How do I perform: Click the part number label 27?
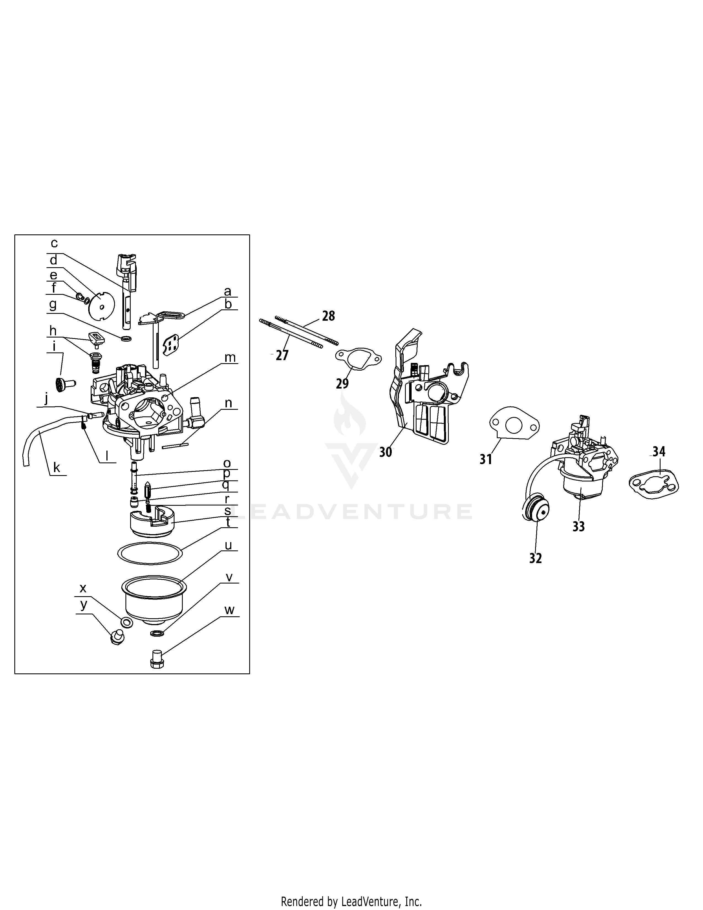point(282,355)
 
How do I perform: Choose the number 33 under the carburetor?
point(578,527)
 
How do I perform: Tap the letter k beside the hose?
point(57,467)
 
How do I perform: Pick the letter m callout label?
point(230,357)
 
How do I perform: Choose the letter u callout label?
point(228,545)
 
